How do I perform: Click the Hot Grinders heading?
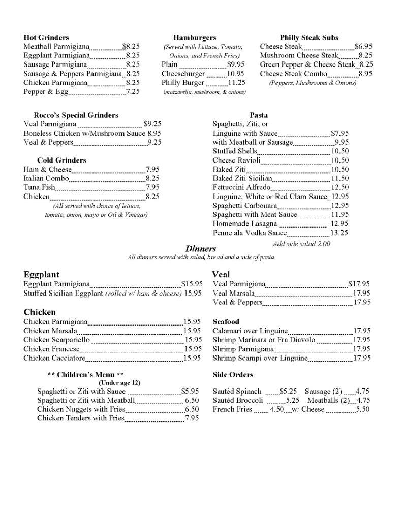tap(46, 38)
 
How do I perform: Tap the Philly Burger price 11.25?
tap(237, 83)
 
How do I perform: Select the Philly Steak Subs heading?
tap(309, 38)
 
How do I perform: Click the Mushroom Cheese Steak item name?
tap(299, 55)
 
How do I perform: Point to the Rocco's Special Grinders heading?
tap(76, 115)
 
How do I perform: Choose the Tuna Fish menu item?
tap(39, 187)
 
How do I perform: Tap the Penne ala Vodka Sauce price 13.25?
tap(339, 233)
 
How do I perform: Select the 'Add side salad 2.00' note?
tap(301, 244)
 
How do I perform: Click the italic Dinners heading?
tap(201, 249)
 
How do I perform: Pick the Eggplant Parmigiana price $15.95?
tap(192, 284)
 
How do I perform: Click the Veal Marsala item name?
tap(233, 293)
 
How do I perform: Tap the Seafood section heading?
tap(226, 322)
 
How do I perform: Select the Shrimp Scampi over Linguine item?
tap(260, 358)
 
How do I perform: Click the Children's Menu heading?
tap(85, 375)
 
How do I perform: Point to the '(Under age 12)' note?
tap(119, 383)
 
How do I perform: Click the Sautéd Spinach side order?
tap(237, 391)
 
